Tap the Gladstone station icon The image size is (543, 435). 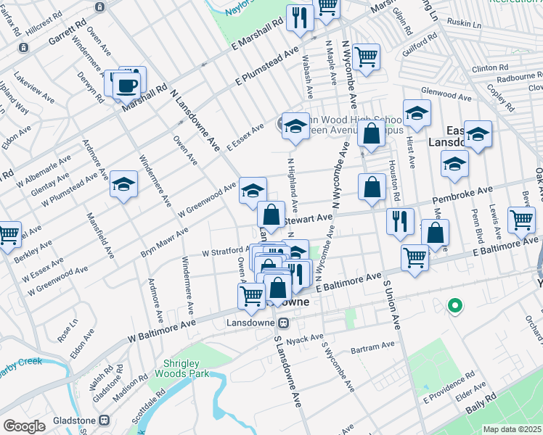click(x=105, y=420)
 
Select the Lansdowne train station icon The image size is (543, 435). click(x=284, y=322)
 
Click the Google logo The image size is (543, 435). click(x=24, y=426)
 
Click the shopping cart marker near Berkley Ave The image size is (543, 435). click(x=9, y=234)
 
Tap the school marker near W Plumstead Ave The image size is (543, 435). click(x=124, y=186)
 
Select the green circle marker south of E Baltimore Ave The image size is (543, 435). click(x=455, y=306)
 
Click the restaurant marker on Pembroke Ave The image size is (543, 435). click(x=399, y=221)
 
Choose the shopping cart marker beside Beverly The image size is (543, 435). click(x=521, y=220)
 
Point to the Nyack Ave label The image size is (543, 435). click(x=306, y=339)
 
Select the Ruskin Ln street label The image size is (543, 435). click(x=465, y=24)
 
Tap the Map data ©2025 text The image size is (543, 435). click(x=513, y=429)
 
